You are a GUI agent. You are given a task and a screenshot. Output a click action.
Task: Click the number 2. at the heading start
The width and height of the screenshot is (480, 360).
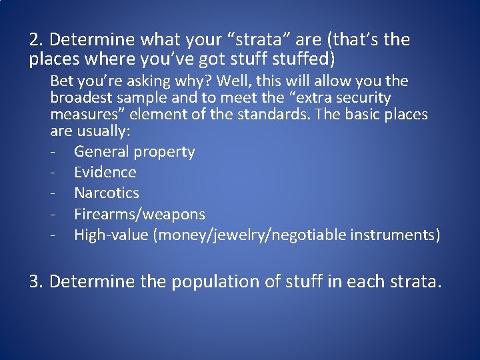(36, 40)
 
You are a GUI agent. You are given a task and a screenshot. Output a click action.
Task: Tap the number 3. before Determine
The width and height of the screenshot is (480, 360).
(36, 282)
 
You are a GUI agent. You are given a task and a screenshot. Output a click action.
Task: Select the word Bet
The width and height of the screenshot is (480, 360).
(62, 81)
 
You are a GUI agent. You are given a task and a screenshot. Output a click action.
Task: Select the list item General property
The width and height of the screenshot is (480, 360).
(134, 152)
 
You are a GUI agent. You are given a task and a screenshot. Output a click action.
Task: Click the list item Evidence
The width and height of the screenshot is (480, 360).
(105, 173)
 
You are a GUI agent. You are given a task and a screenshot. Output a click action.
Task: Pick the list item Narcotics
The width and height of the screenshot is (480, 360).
(106, 193)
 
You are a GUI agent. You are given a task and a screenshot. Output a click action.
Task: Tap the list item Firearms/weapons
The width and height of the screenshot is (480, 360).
(139, 214)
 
